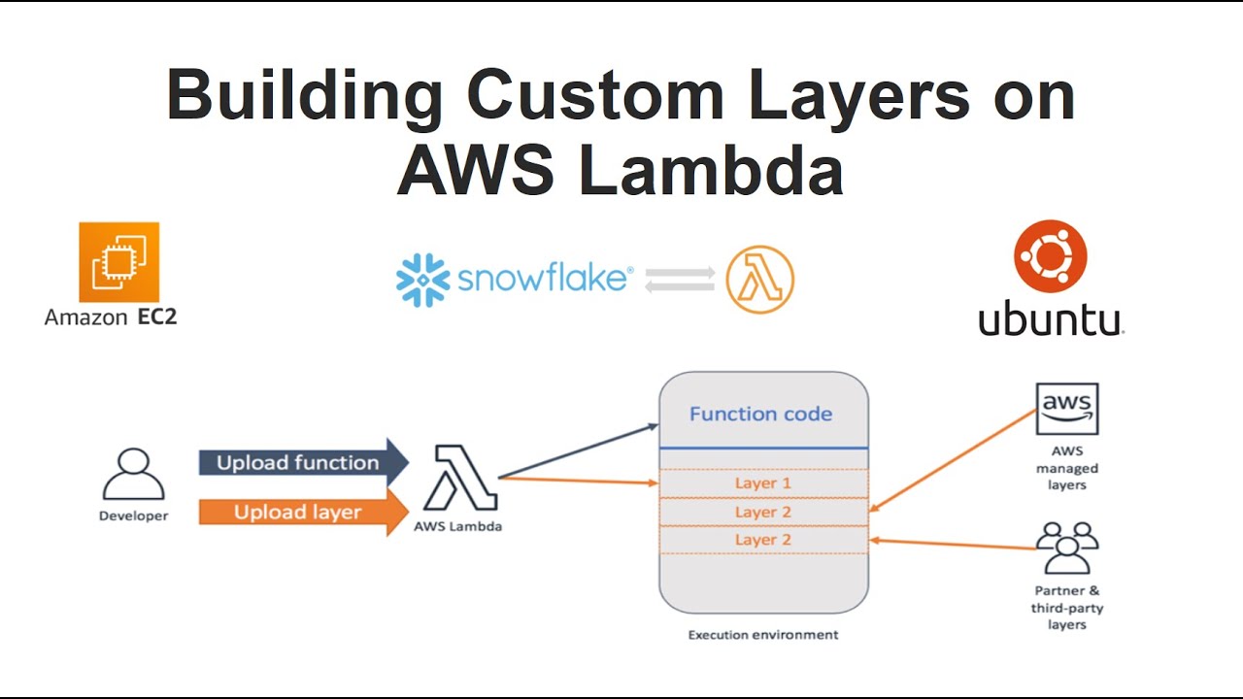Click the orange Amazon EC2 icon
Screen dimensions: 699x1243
tap(118, 262)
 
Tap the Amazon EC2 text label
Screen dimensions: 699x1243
tap(111, 316)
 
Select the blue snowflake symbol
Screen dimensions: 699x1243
tap(423, 281)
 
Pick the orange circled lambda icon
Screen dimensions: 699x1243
tap(760, 280)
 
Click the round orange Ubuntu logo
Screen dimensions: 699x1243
tap(1050, 256)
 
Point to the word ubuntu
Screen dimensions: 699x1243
tap(1050, 320)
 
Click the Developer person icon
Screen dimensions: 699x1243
tap(133, 476)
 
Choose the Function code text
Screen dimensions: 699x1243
tap(760, 415)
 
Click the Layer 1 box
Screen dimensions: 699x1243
tap(762, 483)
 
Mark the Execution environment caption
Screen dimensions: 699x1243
tap(762, 635)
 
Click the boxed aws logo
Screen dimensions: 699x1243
tap(1067, 409)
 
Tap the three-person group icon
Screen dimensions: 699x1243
tap(1066, 549)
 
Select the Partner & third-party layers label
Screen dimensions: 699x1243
tap(1066, 608)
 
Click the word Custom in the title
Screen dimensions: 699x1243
tap(594, 97)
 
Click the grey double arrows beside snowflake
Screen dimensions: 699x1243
tap(680, 280)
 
